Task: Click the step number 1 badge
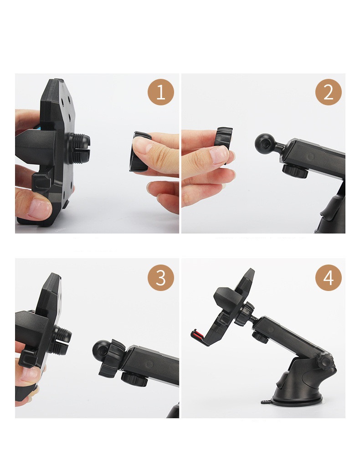[x=161, y=92]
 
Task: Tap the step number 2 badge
[x=328, y=92]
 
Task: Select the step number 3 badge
[x=161, y=278]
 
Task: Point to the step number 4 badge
[x=328, y=278]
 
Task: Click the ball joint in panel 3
[x=101, y=350]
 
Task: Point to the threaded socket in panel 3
[x=62, y=340]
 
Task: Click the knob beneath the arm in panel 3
[x=134, y=379]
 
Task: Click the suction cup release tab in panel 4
[x=267, y=401]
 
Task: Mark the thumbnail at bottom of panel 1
[x=40, y=208]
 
